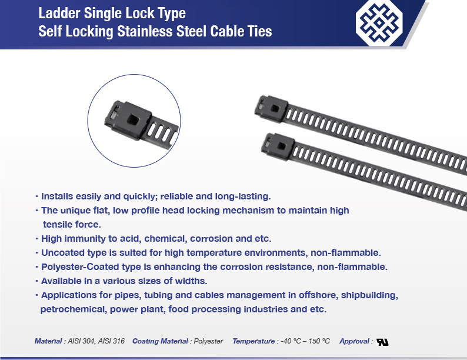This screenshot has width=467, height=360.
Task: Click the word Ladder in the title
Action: pyautogui.click(x=59, y=13)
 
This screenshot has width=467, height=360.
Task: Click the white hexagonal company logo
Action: pyautogui.click(x=379, y=23)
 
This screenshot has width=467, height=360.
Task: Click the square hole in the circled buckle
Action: pyautogui.click(x=132, y=121)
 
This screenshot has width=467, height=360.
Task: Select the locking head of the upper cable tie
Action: pyautogui.click(x=272, y=109)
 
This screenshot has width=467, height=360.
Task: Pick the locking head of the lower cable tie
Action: pyautogui.click(x=278, y=146)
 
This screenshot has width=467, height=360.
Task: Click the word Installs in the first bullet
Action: pyautogui.click(x=57, y=196)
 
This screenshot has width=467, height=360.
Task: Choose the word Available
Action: pyautogui.click(x=60, y=281)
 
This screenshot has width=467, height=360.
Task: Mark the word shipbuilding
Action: pyautogui.click(x=369, y=295)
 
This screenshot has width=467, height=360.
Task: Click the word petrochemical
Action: pyautogui.click(x=74, y=309)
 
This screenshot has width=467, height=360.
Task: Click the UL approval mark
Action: pyautogui.click(x=382, y=342)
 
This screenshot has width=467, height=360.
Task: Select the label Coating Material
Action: pyautogui.click(x=160, y=341)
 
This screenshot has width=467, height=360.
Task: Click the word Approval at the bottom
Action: pyautogui.click(x=354, y=341)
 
